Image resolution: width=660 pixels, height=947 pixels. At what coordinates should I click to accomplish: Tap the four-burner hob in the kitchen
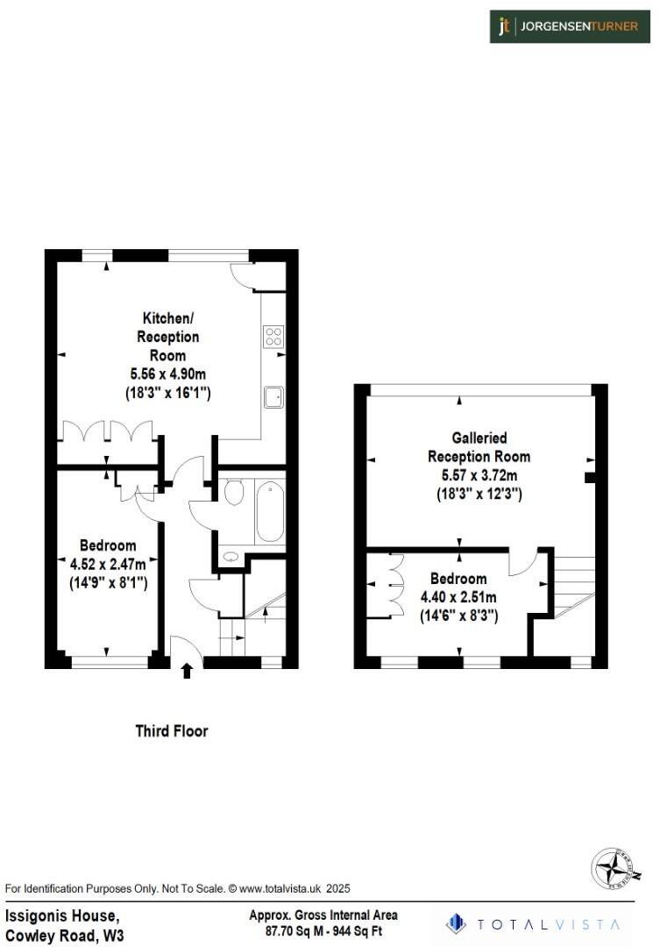click(x=273, y=336)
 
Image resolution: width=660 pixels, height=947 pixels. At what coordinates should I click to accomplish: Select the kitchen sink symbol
click(x=273, y=396)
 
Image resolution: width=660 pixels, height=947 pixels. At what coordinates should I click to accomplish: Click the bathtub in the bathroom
click(x=269, y=512)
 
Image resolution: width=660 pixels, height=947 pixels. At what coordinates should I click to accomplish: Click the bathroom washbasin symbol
click(x=231, y=555)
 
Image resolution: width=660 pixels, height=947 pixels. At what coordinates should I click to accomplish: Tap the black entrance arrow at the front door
click(x=186, y=671)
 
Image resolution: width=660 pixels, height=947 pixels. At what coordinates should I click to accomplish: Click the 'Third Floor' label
click(x=172, y=730)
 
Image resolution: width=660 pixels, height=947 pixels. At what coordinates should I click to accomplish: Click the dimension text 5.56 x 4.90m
click(x=167, y=374)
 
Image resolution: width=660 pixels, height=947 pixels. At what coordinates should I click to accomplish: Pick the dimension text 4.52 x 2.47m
click(x=108, y=563)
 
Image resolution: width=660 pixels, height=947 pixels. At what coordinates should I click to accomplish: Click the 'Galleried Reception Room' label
click(x=479, y=446)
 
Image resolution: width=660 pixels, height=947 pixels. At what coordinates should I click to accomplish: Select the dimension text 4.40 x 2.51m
click(x=458, y=598)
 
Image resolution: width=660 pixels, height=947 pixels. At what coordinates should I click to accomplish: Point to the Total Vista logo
click(x=534, y=924)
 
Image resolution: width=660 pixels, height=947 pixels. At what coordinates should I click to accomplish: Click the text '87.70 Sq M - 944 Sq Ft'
click(x=323, y=931)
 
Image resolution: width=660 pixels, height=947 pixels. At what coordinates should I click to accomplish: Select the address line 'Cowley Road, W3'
click(x=65, y=936)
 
